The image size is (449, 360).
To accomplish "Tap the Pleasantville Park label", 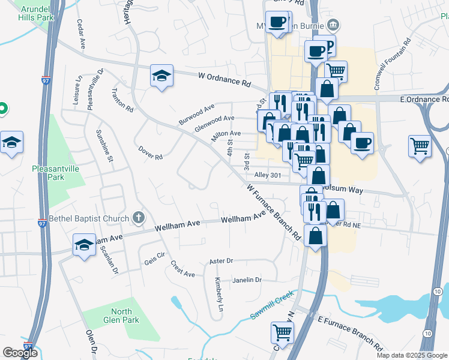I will click(x=56, y=173).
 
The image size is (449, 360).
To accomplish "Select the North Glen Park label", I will click(x=121, y=315).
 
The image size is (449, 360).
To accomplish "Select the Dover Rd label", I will click(x=150, y=153).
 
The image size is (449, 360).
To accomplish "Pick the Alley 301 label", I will click(x=268, y=175).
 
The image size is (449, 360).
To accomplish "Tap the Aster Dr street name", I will click(x=221, y=261).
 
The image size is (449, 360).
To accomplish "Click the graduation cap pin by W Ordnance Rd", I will click(x=161, y=76).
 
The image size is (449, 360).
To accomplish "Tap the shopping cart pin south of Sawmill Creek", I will click(x=282, y=332).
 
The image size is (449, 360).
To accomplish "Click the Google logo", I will click(x=20, y=353).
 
